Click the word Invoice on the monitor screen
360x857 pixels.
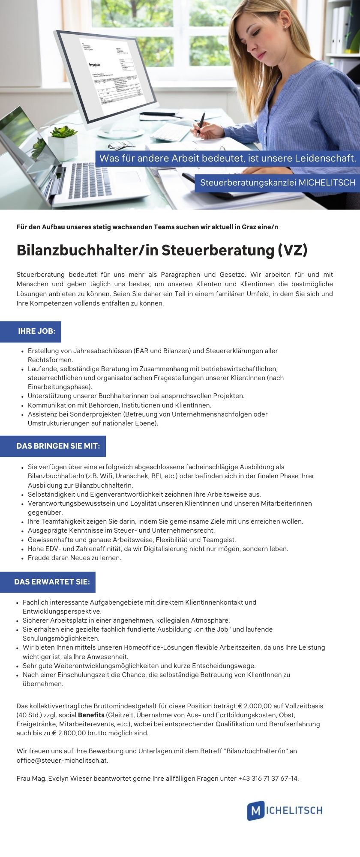tap(94, 65)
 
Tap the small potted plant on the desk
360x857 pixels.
tap(63, 141)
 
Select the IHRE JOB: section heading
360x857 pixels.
tap(36, 331)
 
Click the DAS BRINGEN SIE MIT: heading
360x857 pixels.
tap(58, 446)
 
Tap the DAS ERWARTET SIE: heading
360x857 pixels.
tap(52, 581)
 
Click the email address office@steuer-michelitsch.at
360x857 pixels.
tap(62, 761)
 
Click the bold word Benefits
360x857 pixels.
tap(91, 715)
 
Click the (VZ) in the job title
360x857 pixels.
tap(292, 250)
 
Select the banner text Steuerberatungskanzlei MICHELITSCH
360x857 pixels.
tap(278, 183)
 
